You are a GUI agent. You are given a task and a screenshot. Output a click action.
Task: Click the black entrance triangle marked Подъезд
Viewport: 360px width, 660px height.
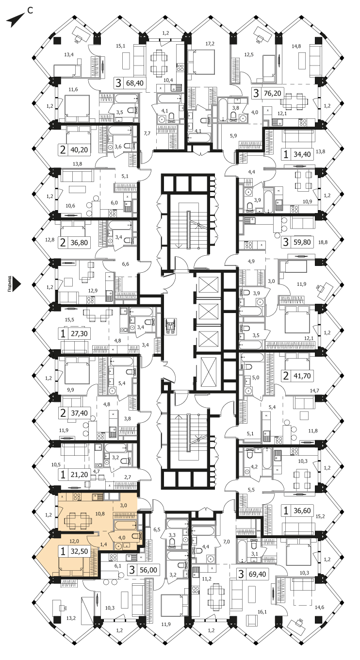pyautogui.click(x=18, y=284)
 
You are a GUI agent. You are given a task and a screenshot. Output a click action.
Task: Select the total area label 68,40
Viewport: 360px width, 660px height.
pyautogui.click(x=134, y=83)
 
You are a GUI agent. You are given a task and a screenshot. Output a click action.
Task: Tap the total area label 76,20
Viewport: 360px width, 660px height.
pyautogui.click(x=273, y=93)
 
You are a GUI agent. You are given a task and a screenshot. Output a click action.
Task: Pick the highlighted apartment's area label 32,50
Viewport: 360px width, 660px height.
pyautogui.click(x=80, y=551)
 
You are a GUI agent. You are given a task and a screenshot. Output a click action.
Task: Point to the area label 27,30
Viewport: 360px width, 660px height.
pyautogui.click(x=80, y=334)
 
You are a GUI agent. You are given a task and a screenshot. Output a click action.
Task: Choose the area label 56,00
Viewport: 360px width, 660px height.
pyautogui.click(x=148, y=570)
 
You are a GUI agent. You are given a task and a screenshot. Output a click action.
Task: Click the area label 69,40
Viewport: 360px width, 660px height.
pyautogui.click(x=258, y=574)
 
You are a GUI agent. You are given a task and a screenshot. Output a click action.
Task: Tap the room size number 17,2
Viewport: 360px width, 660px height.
pyautogui.click(x=210, y=44)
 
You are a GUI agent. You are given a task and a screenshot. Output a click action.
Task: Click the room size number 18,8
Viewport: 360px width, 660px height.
pyautogui.click(x=323, y=242)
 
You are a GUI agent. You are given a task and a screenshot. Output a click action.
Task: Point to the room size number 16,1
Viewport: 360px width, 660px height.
pyautogui.click(x=262, y=612)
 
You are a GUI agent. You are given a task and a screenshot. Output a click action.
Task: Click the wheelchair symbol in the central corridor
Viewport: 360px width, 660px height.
pyautogui.click(x=170, y=326)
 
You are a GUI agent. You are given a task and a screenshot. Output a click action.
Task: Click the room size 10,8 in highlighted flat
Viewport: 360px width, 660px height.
pyautogui.click(x=100, y=513)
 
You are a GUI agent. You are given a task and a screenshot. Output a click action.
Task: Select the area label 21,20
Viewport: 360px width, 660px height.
pyautogui.click(x=80, y=475)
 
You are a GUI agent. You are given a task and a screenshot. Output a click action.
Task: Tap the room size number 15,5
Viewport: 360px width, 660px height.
pyautogui.click(x=70, y=319)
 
